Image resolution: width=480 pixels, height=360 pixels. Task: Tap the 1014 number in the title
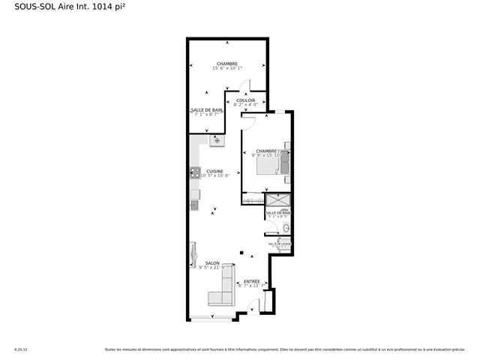tap(103, 10)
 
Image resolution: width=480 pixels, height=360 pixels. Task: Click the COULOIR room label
tap(246, 100)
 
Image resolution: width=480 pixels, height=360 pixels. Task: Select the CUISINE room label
tap(215, 171)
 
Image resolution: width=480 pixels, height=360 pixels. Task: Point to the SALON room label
tap(212, 263)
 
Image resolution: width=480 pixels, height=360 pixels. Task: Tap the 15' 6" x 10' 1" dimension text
tap(227, 69)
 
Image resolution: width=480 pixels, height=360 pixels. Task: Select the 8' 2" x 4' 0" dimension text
tap(246, 105)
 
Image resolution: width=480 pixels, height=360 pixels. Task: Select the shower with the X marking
tap(278, 200)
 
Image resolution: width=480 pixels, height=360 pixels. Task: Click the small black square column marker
tap(241, 253)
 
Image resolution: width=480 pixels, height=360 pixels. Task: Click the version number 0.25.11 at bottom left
tap(21, 349)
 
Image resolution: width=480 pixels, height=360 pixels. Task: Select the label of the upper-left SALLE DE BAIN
tap(205, 110)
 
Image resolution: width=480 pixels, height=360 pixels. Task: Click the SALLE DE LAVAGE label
tap(279, 244)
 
